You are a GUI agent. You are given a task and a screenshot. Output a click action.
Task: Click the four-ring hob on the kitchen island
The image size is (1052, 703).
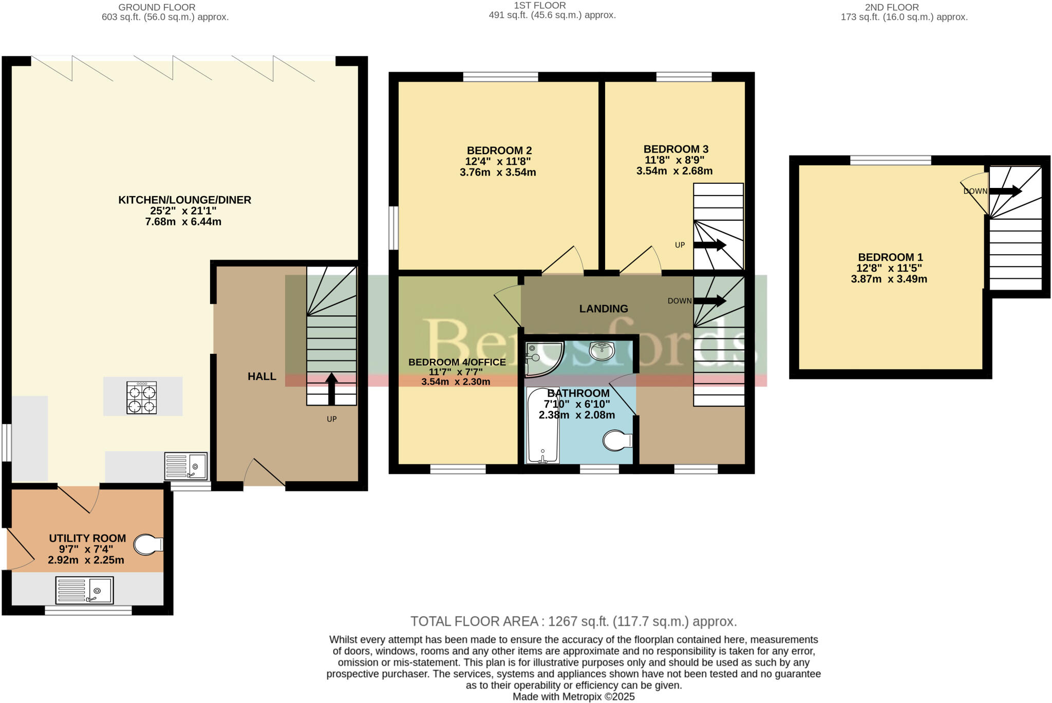(142, 398)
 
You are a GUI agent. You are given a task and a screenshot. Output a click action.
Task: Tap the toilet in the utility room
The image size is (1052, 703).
(148, 545)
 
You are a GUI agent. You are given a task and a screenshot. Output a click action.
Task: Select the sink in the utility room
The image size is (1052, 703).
(85, 590)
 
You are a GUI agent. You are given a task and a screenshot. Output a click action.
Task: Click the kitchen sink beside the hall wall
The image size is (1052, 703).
(186, 466)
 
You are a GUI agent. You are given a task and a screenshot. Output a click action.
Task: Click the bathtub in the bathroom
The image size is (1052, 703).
(543, 426)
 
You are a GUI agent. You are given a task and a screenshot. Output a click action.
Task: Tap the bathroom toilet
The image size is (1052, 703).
(617, 441)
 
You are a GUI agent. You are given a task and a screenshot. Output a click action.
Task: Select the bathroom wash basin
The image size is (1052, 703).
(602, 352)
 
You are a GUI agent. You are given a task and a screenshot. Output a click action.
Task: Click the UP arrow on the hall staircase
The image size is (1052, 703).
(331, 389)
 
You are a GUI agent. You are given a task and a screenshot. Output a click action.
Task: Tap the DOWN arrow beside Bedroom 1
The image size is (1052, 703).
(1005, 191)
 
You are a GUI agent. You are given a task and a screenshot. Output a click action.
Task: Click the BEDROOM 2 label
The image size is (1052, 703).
(499, 150)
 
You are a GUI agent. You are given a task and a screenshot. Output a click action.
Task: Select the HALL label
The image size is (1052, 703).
(262, 376)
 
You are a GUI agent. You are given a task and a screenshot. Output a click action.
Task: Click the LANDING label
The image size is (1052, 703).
(604, 309)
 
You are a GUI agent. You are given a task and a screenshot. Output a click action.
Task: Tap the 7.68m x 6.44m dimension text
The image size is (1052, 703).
(183, 222)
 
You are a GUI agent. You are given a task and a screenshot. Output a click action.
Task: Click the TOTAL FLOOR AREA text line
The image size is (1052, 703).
(573, 621)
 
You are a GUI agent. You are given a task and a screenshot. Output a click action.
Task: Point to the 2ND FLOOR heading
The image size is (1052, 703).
(891, 7)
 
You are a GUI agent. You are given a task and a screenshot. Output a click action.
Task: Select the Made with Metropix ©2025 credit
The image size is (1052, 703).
(573, 697)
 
